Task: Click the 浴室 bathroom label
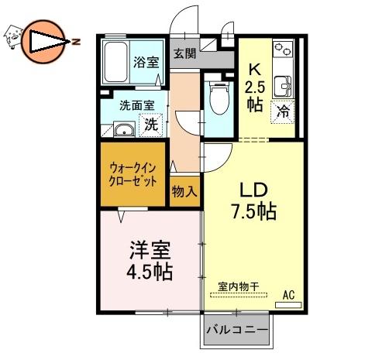146,62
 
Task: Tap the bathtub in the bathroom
116,62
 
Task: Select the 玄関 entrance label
185,53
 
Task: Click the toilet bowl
219,98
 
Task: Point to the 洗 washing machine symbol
151,125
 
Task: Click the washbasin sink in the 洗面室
124,129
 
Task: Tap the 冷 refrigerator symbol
283,112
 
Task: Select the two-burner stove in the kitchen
283,49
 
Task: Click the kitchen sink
283,87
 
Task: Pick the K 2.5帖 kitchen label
255,87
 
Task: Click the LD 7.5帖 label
254,201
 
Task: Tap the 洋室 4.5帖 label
150,261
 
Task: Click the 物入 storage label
184,192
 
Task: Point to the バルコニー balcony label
237,330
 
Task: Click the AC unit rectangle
288,305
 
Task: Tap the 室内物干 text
239,286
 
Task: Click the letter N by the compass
76,42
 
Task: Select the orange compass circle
43,42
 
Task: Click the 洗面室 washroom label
137,105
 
